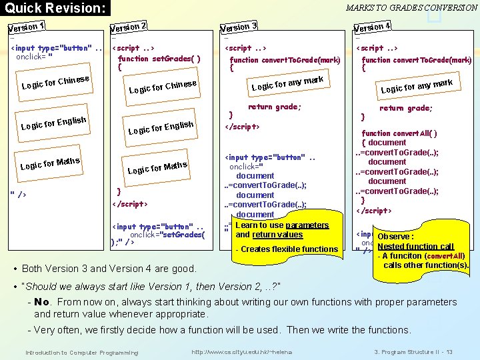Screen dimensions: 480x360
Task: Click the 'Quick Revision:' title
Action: coord(55,9)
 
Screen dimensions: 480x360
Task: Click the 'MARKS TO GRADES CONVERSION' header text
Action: coord(411,8)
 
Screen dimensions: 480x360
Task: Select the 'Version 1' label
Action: coord(26,28)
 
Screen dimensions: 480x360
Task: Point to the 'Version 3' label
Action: coord(239,28)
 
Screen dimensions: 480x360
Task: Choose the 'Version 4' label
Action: coord(371,28)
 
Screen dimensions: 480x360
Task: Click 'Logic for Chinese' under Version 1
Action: coord(55,82)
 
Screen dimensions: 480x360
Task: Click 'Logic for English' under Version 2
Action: coord(161,127)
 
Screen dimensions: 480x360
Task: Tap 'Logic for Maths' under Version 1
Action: coord(50,163)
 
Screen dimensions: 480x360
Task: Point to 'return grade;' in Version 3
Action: coord(274,107)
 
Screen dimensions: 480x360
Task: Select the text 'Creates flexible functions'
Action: coord(289,249)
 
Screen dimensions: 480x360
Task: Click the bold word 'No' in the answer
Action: coord(41,302)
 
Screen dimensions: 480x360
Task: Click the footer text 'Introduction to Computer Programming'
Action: coord(81,352)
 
